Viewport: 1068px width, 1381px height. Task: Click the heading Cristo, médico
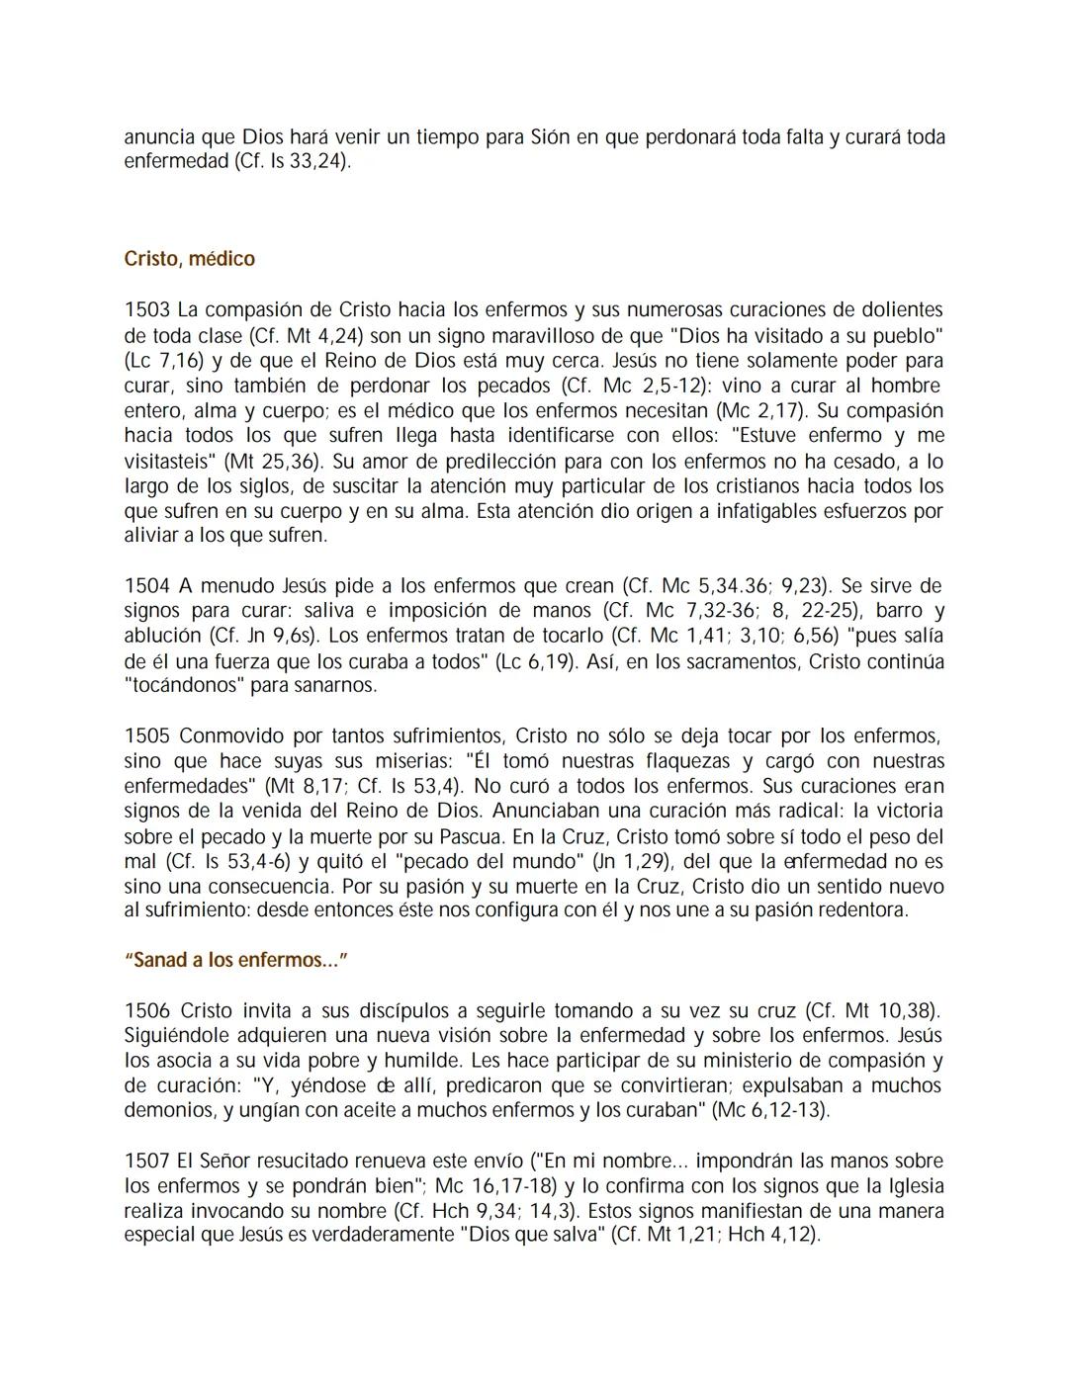pos(189,259)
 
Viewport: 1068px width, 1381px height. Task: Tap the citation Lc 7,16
pos(164,361)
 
